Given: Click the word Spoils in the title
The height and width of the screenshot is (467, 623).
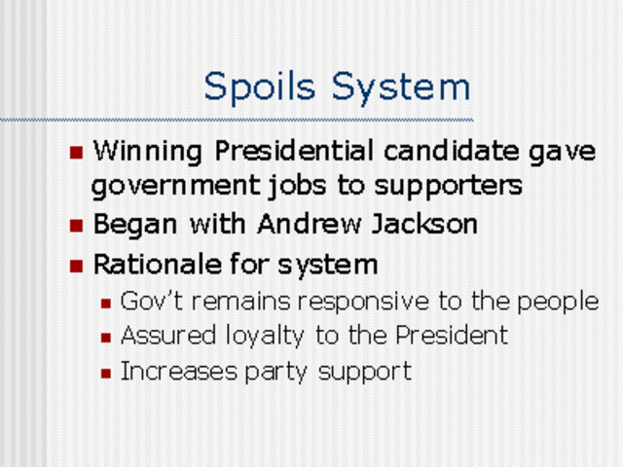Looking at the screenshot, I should coord(263,87).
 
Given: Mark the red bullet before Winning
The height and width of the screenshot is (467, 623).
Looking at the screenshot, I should coord(77,153).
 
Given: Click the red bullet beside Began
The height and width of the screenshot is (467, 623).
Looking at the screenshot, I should coord(77,226).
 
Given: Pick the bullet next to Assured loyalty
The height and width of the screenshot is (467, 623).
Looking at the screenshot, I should coord(107,338).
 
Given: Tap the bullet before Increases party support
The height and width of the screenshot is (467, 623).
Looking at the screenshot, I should coord(107,372).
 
